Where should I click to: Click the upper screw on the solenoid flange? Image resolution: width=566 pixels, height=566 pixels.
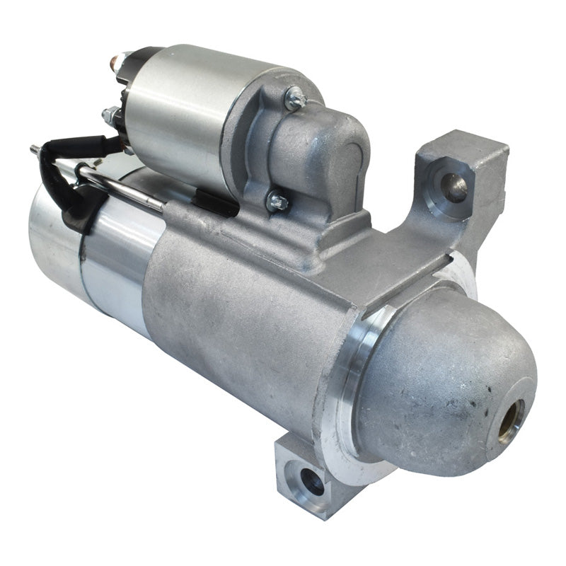coord(294,98)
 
